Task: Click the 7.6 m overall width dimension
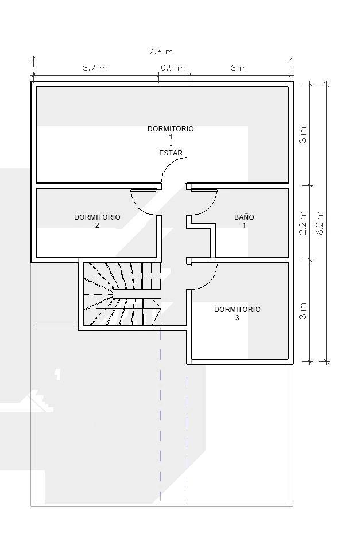161,52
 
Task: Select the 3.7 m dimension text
95,68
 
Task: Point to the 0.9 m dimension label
173,68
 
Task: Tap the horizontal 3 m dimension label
239,68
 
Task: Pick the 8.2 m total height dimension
320,222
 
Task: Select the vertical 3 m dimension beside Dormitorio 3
303,310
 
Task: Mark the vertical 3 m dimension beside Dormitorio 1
303,134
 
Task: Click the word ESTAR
171,153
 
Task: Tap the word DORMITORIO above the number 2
97,217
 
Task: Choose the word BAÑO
244,217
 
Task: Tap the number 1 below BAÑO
244,225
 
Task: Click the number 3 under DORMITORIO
237,318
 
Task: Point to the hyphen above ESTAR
171,145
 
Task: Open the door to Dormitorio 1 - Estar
174,172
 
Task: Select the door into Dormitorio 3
203,275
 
